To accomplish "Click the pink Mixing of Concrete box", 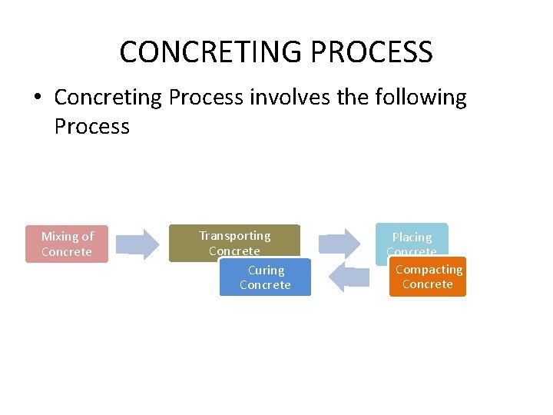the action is [67, 244].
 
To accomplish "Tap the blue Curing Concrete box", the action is [265, 277].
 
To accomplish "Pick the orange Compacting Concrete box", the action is [428, 277].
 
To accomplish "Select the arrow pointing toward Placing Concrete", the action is [339, 242].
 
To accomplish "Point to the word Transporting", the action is [235, 236].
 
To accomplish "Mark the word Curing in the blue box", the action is [266, 271].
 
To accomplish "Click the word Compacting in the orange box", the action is [429, 270].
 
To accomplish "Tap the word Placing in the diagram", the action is [412, 237].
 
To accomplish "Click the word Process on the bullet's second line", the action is [92, 126].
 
